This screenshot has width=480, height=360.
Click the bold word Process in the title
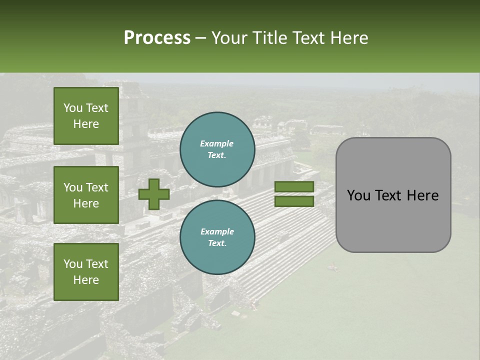pyautogui.click(x=157, y=38)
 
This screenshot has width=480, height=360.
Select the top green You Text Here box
pyautogui.click(x=86, y=116)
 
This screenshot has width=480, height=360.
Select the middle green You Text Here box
pyautogui.click(x=86, y=195)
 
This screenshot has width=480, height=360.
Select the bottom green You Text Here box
pyautogui.click(x=86, y=272)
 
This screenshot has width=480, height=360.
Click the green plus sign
pyautogui.click(x=154, y=194)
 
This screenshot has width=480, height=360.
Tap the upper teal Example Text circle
pyautogui.click(x=217, y=149)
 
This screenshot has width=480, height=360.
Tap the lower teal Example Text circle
pyautogui.click(x=217, y=237)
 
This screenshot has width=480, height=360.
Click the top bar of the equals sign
pyautogui.click(x=294, y=186)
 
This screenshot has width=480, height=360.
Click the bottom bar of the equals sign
pyautogui.click(x=294, y=201)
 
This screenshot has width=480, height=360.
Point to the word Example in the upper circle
pyautogui.click(x=217, y=143)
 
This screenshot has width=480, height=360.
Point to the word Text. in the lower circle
pyautogui.click(x=217, y=243)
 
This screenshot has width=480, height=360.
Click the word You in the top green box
pyautogui.click(x=73, y=108)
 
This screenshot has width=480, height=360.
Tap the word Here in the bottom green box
pyautogui.click(x=86, y=280)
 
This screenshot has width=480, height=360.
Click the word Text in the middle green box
pyautogui.click(x=96, y=187)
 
